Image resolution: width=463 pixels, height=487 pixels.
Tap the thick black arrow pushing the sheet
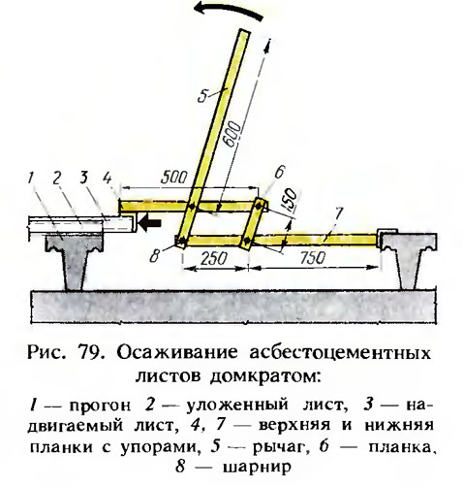pos(149,224)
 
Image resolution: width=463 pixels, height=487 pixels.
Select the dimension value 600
pos(233,135)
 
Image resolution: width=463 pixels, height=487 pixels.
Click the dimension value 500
pos(174,178)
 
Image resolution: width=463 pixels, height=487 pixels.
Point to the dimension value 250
pos(214,259)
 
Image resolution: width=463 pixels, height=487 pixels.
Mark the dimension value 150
pos(291,200)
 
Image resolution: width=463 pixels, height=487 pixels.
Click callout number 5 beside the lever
pos(204,95)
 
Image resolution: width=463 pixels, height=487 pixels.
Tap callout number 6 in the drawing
pos(279,172)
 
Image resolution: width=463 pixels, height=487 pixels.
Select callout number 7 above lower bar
pos(338,213)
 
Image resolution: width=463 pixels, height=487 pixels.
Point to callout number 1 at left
pos(31,178)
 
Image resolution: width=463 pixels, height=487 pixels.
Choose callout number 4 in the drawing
pos(108,179)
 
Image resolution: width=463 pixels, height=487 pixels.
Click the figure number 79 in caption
pos(89,352)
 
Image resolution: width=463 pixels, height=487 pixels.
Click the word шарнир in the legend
pos(257,468)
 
